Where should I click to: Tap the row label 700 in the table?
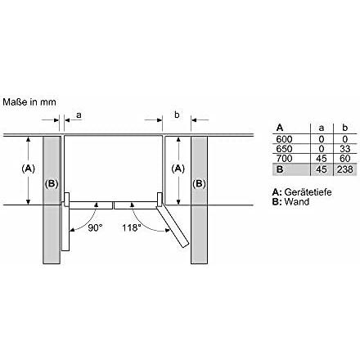(283, 159)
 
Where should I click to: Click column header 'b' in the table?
(344, 128)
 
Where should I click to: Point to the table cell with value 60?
(344, 159)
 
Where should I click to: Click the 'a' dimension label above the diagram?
(78, 115)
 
